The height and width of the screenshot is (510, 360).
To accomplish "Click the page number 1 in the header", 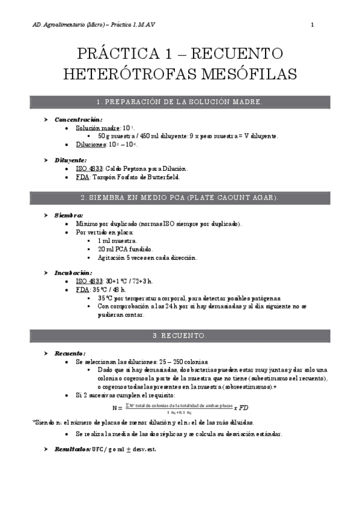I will tap(313, 25).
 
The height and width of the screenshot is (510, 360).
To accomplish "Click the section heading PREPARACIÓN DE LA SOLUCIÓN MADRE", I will tap(180, 102).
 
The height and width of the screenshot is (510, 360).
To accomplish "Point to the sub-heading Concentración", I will tap(78, 119).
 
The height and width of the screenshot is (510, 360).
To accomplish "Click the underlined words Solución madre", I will tap(97, 128).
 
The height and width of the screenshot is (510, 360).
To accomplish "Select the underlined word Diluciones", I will tap(91, 145).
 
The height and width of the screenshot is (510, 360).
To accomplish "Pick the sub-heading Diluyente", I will tap(70, 160).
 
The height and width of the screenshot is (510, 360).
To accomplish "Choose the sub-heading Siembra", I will tap(69, 215).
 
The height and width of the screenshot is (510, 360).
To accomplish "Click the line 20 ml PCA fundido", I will tap(126, 249).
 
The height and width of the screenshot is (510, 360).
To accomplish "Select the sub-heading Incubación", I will tap(73, 272).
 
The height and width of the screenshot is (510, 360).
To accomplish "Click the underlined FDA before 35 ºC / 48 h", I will tap(83, 289).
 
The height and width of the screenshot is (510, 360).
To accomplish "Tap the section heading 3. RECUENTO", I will tap(180, 335).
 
